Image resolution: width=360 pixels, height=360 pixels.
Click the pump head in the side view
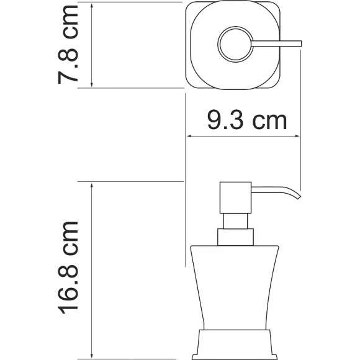pyautogui.click(x=235, y=198)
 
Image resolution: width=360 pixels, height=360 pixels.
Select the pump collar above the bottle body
pyautogui.click(x=235, y=237)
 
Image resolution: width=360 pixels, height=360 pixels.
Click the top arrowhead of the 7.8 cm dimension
pyautogui.click(x=92, y=5)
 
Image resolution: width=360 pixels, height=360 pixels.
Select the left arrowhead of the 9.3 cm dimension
pyautogui.click(x=191, y=136)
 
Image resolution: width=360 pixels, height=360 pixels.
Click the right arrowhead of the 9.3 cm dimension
pyautogui.click(x=298, y=136)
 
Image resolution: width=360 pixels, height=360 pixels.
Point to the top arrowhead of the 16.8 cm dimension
pyautogui.click(x=92, y=186)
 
